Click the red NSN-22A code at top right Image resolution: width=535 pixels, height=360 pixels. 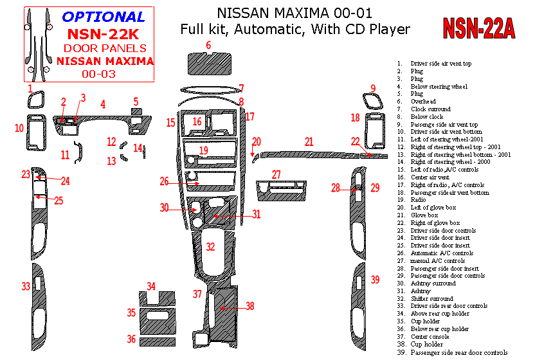click(x=478, y=28)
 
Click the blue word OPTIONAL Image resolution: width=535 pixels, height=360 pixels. click(x=104, y=17)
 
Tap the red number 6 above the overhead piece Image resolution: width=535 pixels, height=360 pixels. click(x=208, y=44)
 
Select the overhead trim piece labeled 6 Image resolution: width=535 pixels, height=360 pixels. click(x=208, y=63)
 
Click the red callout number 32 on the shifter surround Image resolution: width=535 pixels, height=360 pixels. click(x=210, y=246)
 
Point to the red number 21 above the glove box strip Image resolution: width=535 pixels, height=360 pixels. click(x=309, y=141)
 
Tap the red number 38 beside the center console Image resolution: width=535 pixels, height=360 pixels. click(x=249, y=307)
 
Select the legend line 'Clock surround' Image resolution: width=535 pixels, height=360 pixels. click(x=431, y=109)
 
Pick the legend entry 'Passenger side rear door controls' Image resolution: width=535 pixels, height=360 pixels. click(x=459, y=352)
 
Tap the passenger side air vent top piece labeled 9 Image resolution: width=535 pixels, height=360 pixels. click(x=372, y=101)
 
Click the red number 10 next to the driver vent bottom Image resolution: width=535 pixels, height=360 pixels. click(x=19, y=129)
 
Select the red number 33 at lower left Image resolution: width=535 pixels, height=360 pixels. click(x=25, y=286)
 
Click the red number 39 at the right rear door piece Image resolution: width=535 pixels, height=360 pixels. click(x=375, y=280)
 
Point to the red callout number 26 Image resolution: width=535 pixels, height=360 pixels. click(x=165, y=181)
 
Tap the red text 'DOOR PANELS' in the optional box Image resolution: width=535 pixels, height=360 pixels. click(x=105, y=48)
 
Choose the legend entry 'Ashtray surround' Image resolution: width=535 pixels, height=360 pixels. click(x=433, y=283)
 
